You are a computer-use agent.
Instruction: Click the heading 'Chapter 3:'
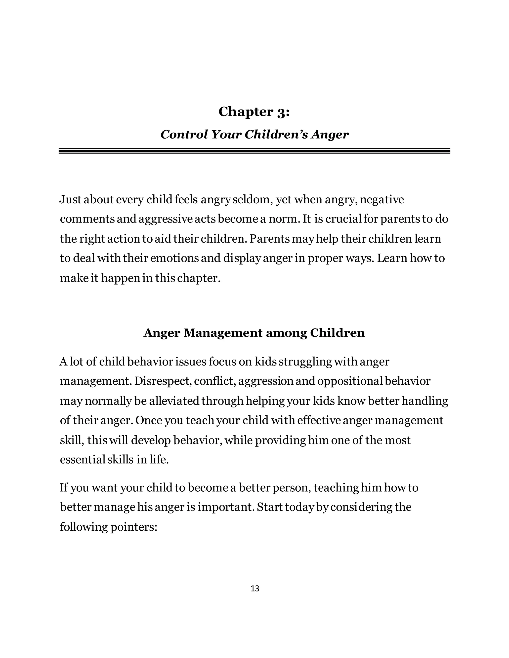tap(254, 112)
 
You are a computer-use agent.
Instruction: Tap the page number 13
tap(255, 588)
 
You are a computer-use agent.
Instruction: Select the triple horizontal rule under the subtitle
tap(254, 151)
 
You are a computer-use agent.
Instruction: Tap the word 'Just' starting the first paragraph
tap(70, 199)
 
